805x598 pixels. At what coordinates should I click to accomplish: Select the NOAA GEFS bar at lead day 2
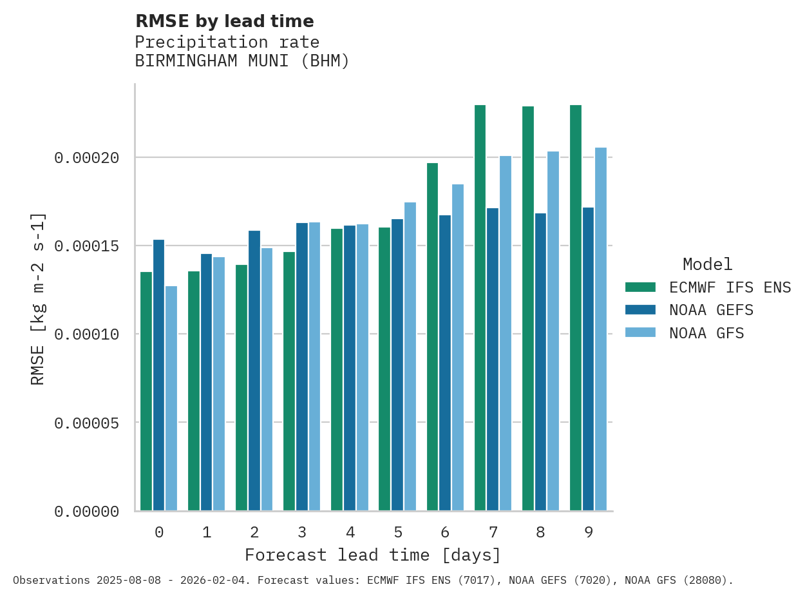[254, 371]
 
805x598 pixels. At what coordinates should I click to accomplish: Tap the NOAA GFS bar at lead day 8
[553, 331]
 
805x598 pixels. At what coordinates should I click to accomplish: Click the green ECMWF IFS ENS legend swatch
[640, 287]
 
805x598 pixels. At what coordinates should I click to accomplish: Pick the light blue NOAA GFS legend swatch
[640, 333]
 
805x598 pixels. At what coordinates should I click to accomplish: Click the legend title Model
[707, 265]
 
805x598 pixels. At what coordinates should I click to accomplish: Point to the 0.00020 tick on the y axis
[86, 158]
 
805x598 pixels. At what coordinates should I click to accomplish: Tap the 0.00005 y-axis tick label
[86, 423]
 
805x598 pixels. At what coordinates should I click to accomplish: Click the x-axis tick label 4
[350, 533]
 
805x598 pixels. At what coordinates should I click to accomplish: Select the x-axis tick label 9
[589, 533]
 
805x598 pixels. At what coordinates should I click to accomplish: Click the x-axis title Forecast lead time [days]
[373, 555]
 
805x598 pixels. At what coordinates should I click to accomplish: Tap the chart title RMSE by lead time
[224, 22]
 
